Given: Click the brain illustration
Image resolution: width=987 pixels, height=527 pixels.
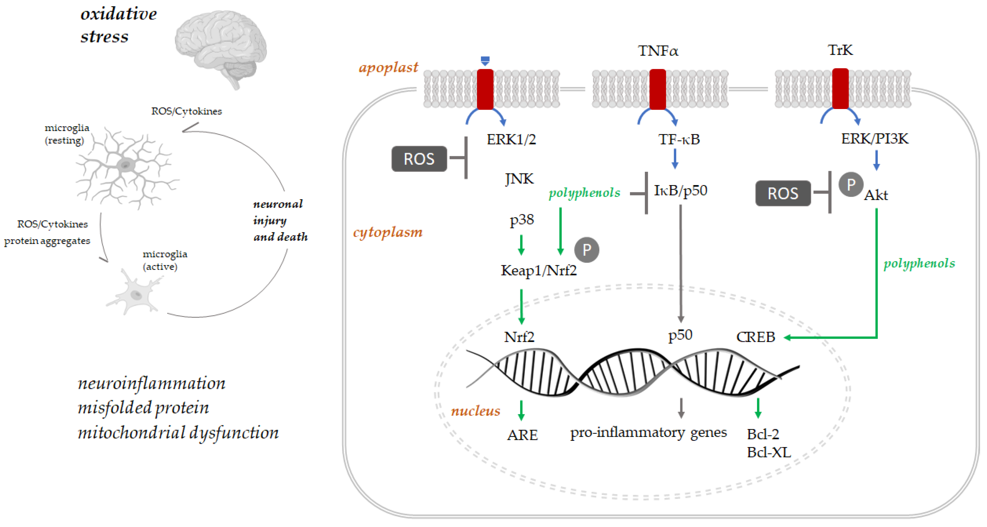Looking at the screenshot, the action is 221,48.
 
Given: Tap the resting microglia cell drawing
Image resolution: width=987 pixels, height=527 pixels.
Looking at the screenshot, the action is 126,168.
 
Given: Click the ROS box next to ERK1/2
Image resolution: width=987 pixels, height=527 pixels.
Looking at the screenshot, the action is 419,159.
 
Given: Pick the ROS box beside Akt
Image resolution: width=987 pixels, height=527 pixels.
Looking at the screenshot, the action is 783,193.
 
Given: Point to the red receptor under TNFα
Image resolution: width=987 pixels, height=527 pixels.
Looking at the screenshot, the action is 658,89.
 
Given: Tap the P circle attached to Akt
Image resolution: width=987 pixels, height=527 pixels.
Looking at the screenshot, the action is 850,185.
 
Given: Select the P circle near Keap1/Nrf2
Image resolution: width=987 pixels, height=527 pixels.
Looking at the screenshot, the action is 587,250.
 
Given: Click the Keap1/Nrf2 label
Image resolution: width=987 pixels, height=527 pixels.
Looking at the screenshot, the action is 538,271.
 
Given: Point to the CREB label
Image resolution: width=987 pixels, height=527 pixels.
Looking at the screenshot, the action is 755,337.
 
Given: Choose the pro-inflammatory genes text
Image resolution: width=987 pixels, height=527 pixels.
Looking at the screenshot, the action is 648,433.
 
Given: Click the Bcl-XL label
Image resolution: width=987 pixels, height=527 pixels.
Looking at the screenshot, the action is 769,453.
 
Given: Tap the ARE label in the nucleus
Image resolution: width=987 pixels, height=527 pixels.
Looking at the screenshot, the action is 522,435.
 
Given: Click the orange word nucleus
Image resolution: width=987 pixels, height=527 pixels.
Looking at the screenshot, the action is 475,411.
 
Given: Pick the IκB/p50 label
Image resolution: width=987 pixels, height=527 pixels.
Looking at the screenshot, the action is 680,190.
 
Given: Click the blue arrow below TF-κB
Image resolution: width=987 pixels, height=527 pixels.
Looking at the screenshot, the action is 675,159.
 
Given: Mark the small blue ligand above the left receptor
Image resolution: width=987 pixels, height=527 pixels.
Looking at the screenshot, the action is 485,61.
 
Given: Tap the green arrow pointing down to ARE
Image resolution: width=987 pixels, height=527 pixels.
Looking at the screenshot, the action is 521,410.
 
